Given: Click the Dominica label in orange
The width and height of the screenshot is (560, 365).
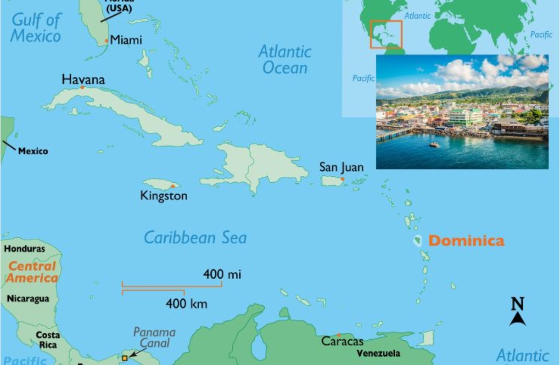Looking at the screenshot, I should coord(466,241).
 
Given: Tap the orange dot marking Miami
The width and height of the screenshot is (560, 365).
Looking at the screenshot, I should coord(106,41).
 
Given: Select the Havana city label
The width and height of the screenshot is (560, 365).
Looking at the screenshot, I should coord(83,79).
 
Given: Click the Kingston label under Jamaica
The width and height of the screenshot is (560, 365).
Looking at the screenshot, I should coord(163,196).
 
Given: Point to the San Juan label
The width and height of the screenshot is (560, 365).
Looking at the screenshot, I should coord(341,167).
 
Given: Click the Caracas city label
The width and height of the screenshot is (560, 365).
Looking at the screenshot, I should coord(342,341).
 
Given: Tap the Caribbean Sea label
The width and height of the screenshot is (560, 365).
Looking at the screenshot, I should coord(195,238).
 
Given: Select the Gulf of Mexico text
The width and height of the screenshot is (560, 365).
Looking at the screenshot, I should coord(36,28).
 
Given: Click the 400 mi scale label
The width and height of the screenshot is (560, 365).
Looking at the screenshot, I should coord(222,274).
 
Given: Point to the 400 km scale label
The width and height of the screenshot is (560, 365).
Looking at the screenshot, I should coord(186,304).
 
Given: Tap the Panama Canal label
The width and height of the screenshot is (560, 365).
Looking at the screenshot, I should coord(154,338).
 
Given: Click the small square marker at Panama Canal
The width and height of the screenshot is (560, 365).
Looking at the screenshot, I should coord(125,358).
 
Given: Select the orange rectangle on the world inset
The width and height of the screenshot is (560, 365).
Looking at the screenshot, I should coord(385,34).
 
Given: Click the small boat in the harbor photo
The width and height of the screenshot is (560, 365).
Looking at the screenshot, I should coord(434,145).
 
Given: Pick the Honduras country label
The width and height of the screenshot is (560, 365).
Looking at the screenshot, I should coord(24,249).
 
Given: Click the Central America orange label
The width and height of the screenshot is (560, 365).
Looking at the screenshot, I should coord(33,272).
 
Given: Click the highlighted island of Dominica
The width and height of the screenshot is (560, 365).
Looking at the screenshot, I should coord(417,241).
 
